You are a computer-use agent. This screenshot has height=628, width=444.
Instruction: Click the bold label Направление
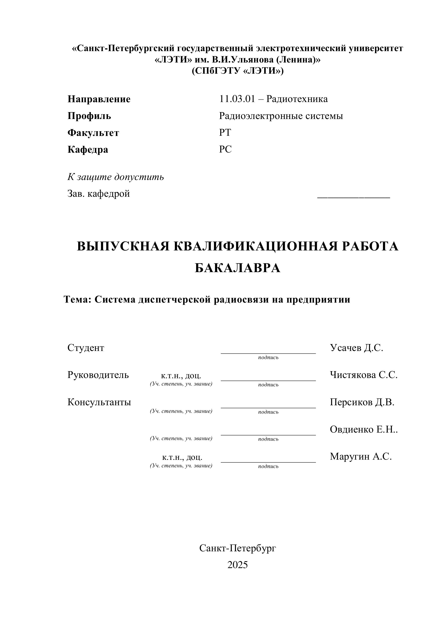pyautogui.click(x=99, y=99)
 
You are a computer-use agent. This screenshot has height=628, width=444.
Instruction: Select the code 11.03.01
pyautogui.click(x=237, y=99)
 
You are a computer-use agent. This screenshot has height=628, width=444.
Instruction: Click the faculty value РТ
pyautogui.click(x=225, y=133)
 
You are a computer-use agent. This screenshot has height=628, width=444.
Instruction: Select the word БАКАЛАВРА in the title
pyautogui.click(x=237, y=268)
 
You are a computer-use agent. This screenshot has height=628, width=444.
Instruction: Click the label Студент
pyautogui.click(x=86, y=348)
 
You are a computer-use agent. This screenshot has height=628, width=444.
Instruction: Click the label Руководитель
pyautogui.click(x=98, y=375)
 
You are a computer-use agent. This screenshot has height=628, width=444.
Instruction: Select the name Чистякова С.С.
pyautogui.click(x=364, y=375)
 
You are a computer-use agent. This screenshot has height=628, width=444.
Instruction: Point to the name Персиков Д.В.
pyautogui.click(x=362, y=402)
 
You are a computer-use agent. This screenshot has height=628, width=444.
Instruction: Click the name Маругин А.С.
pyautogui.click(x=361, y=457)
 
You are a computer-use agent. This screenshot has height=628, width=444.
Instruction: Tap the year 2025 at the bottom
pyautogui.click(x=237, y=565)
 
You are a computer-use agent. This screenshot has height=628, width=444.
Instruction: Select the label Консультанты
pyautogui.click(x=99, y=402)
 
